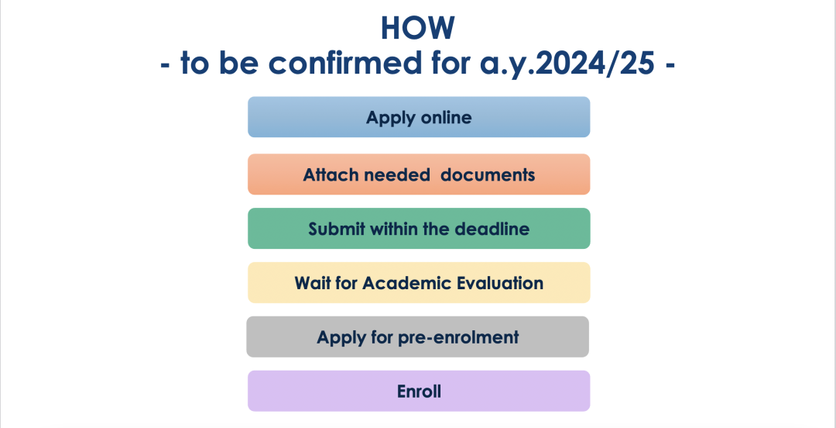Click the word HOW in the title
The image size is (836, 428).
pyautogui.click(x=418, y=28)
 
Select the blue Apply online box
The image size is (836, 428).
pyautogui.click(x=419, y=117)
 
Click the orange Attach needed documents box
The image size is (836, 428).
pyautogui.click(x=419, y=174)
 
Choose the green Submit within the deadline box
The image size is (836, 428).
pyautogui.click(x=419, y=228)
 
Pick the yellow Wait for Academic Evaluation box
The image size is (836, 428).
pyautogui.click(x=419, y=283)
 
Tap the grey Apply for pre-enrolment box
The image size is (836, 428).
pyautogui.click(x=417, y=337)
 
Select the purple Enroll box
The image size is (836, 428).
pyautogui.click(x=419, y=391)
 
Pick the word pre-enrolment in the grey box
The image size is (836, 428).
pyautogui.click(x=458, y=338)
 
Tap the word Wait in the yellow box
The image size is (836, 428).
pyautogui.click(x=311, y=283)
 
